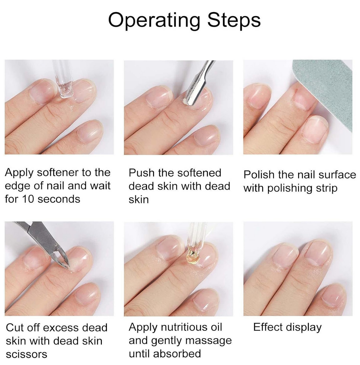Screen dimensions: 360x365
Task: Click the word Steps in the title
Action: coord(234,20)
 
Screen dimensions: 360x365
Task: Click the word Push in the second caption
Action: coord(142,173)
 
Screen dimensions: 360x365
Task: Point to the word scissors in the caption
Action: coord(27,355)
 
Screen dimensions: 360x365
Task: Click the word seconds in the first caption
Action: coord(59,199)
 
